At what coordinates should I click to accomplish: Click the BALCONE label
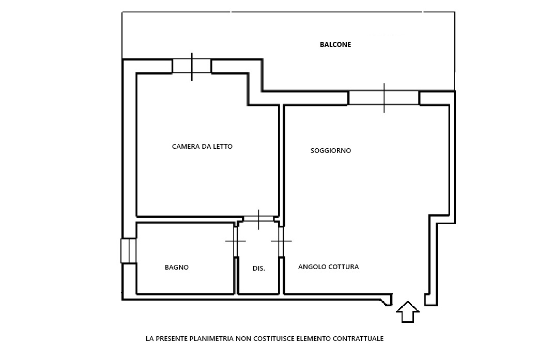coord(335,44)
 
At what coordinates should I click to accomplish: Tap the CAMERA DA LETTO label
coord(202,146)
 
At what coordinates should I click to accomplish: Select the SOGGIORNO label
coord(330,150)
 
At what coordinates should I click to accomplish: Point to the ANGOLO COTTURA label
coord(328,267)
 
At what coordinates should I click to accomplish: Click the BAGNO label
coord(177,267)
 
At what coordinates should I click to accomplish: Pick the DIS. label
coord(259,269)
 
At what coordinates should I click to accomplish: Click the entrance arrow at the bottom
coord(408,311)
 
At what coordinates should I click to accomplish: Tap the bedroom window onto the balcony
coord(192,66)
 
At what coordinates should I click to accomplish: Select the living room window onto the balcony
coord(383,98)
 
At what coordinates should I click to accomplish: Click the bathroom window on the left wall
coord(128,251)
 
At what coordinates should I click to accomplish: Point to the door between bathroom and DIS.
coord(236,241)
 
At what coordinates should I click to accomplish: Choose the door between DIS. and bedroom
coord(258,219)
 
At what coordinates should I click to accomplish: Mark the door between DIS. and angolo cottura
coord(281,241)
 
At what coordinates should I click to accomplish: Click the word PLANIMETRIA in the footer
coord(211,338)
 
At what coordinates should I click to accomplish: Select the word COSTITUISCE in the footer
coord(273,338)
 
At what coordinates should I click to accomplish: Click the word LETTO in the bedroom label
coord(222,146)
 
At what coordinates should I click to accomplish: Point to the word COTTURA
coord(344,267)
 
